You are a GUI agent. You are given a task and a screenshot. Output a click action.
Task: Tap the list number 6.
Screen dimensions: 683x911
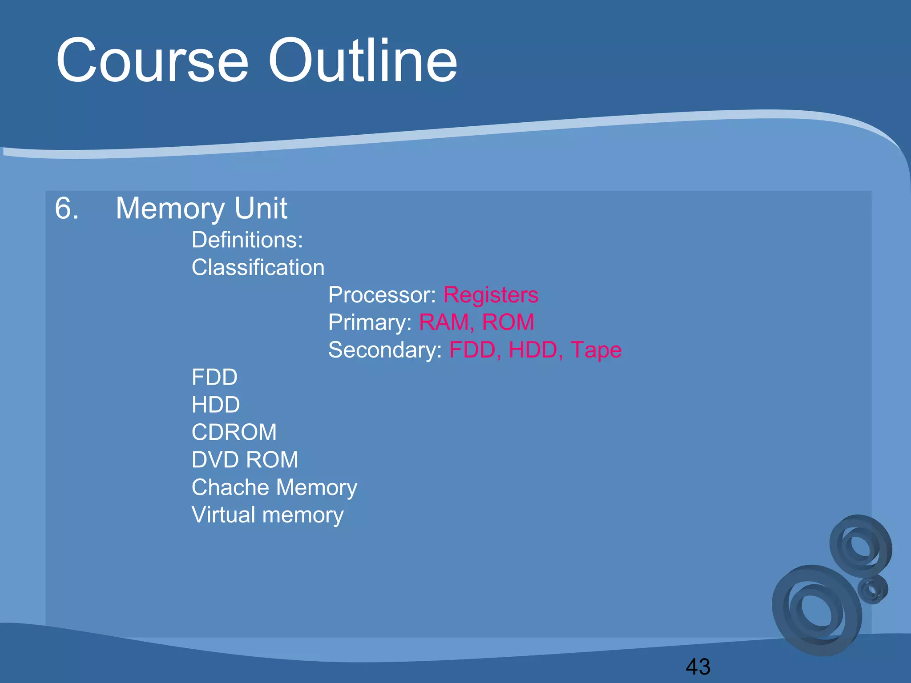(67, 208)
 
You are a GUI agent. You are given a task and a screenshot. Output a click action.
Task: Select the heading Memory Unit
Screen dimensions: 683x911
(202, 208)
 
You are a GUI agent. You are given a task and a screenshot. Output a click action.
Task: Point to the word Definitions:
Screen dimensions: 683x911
(247, 240)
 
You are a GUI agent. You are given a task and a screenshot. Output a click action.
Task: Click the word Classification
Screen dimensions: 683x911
(258, 268)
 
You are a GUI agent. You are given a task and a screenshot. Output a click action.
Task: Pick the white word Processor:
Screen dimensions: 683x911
(382, 295)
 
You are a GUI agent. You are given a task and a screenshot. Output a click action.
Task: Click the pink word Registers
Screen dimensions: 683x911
(491, 295)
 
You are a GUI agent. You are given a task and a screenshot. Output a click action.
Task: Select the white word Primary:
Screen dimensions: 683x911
(370, 322)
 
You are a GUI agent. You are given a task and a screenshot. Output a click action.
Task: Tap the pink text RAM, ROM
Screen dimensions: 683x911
(476, 322)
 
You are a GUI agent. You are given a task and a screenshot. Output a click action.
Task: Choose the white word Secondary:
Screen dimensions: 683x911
(385, 350)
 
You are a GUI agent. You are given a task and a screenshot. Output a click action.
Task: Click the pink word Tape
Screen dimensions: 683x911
(596, 350)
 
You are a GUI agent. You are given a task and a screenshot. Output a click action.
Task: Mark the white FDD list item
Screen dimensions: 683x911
(214, 378)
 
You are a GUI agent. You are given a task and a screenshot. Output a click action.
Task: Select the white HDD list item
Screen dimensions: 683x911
(216, 405)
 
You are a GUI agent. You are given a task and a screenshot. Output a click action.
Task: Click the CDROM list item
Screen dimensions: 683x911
(234, 432)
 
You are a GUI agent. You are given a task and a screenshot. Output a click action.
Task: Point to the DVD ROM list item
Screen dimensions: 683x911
(245, 460)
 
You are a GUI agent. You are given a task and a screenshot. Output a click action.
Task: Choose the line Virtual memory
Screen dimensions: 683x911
(267, 515)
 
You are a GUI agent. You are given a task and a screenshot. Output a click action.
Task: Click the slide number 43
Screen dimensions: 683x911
(698, 667)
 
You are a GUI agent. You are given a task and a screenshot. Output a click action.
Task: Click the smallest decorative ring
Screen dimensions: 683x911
(873, 590)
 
